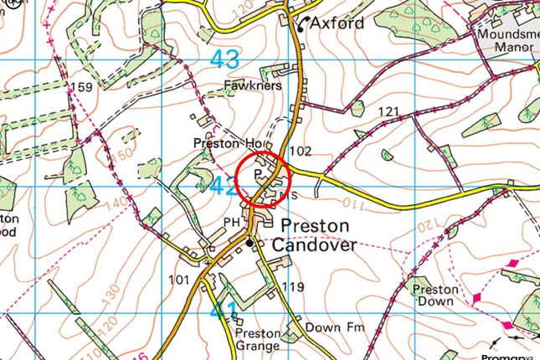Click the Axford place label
(x=337, y=23)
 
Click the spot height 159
(x=82, y=87)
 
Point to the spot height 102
(x=300, y=151)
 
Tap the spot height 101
(x=178, y=280)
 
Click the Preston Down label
(x=435, y=295)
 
